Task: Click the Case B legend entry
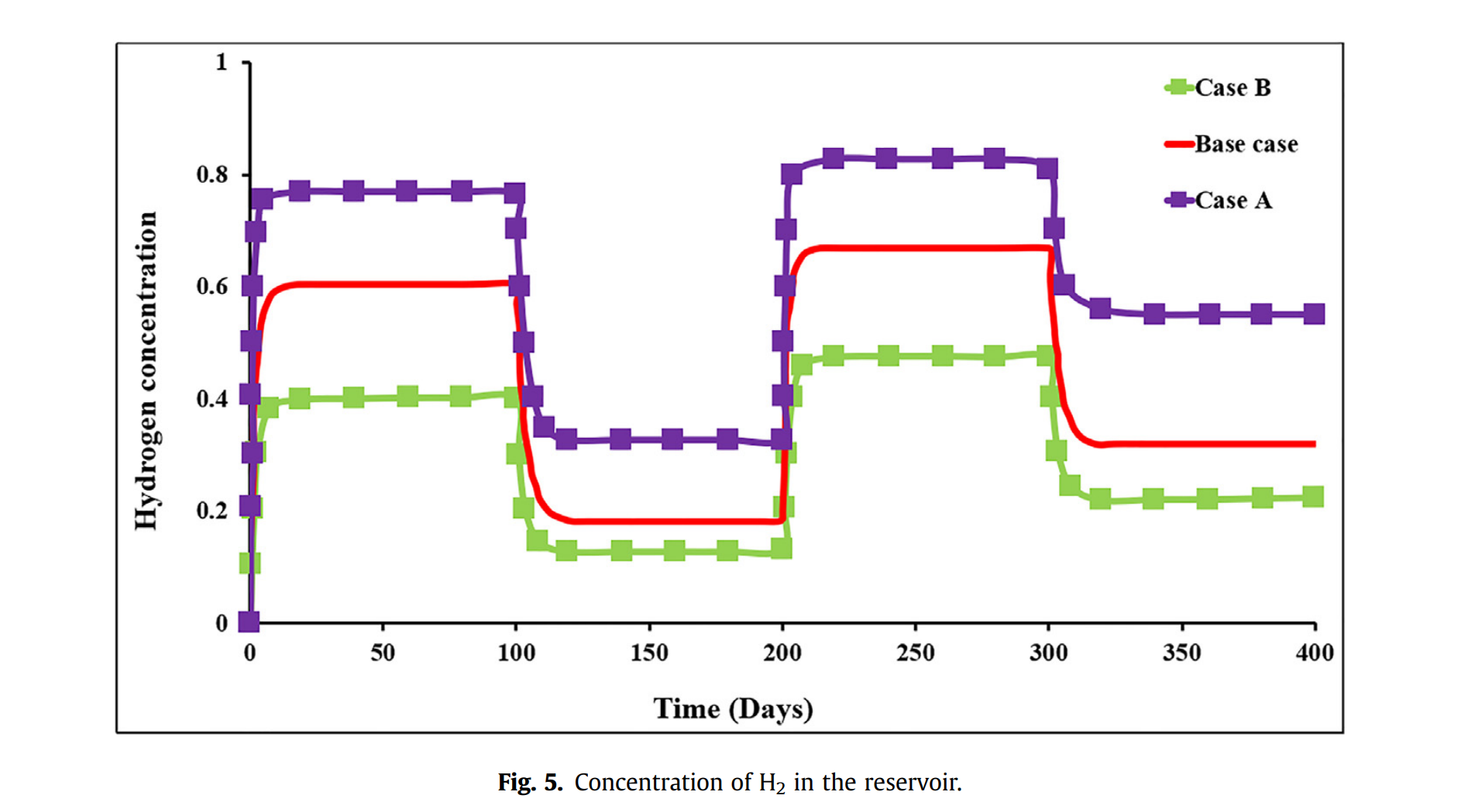pos(1232,88)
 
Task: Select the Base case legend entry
pos(1246,144)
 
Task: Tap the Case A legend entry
pos(1233,201)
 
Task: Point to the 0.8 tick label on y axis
pos(212,174)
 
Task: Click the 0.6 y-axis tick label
pos(212,287)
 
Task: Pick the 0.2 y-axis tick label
pos(212,511)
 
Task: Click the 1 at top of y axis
pos(222,62)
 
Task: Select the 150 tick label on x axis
pos(649,653)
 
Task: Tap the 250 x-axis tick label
pos(916,653)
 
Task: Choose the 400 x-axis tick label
pos(1315,653)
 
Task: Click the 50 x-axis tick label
pos(383,653)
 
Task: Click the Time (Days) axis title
pos(733,709)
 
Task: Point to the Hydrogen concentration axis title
pos(146,370)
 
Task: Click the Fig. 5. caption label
pos(530,783)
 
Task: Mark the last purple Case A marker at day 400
pos(1314,314)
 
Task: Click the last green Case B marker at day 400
pos(1313,497)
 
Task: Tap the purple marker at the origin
pos(249,621)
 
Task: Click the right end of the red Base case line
pos(1314,444)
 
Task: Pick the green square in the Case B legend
pos(1178,88)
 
